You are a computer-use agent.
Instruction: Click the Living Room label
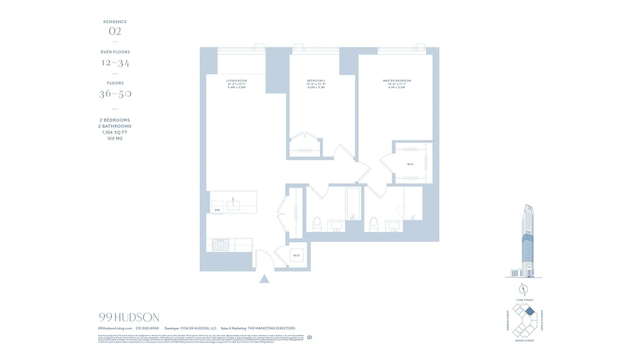click(236, 81)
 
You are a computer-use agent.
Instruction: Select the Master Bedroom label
click(397, 81)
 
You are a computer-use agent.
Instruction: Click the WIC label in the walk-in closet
click(410, 164)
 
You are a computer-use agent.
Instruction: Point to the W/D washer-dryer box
click(297, 256)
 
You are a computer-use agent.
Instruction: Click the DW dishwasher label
click(217, 210)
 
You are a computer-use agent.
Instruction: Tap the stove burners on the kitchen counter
click(220, 245)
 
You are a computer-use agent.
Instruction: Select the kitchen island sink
click(234, 205)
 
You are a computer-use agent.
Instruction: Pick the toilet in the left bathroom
click(317, 224)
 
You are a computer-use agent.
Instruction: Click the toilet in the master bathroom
click(374, 224)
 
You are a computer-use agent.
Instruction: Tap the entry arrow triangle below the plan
click(264, 279)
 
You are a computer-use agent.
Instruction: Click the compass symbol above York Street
click(523, 289)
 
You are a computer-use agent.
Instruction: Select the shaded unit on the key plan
click(530, 310)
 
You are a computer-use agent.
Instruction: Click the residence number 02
click(115, 31)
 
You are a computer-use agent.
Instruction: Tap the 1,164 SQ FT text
click(115, 132)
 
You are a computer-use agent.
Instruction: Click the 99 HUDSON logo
click(129, 318)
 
